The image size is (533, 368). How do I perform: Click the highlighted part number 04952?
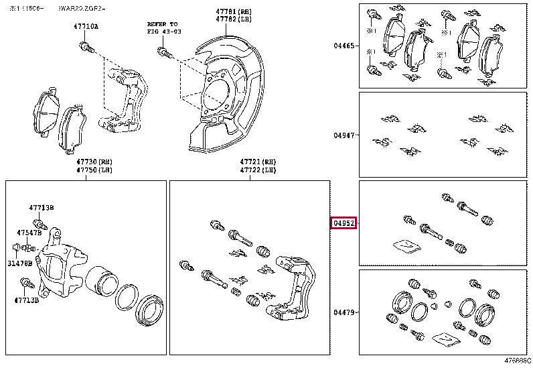click(x=344, y=223)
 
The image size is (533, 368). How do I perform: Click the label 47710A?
click(x=85, y=27)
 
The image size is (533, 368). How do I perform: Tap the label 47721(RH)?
click(x=258, y=163)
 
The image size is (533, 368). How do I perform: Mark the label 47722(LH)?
click(x=258, y=171)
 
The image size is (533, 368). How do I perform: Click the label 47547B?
click(x=29, y=233)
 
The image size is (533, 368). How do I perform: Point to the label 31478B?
click(x=21, y=263)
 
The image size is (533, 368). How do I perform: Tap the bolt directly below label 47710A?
click(x=85, y=46)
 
